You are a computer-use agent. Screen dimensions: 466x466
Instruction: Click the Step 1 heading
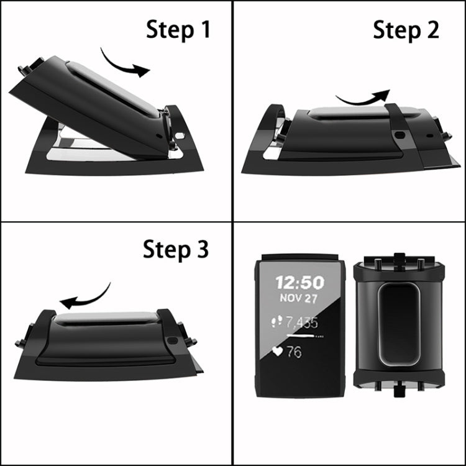(178, 29)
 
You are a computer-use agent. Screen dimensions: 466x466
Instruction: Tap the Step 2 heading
(406, 29)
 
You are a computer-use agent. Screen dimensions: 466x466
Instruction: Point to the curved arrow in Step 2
(362, 97)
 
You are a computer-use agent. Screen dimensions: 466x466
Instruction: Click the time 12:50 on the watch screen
(299, 283)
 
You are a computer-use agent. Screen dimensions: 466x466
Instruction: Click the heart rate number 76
(294, 352)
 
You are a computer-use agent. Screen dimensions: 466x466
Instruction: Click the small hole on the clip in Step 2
(399, 134)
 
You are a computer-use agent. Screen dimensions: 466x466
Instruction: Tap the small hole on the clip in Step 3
(171, 341)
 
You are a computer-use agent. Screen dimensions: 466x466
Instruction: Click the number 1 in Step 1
(203, 29)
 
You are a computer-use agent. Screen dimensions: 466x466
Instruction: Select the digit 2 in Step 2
(431, 29)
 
